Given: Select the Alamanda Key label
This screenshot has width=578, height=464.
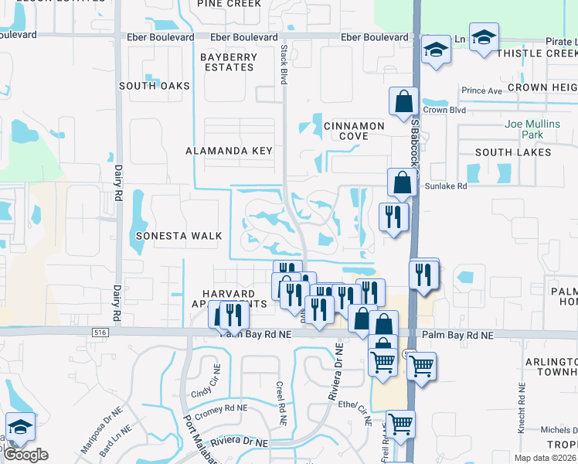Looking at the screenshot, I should [x=229, y=151].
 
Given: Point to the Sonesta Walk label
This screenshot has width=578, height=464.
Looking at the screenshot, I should [x=178, y=236].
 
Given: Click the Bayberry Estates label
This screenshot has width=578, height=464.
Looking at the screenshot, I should [x=217, y=63].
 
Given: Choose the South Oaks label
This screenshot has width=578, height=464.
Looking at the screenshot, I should [x=155, y=86].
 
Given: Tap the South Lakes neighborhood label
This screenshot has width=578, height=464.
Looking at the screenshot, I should [x=513, y=152].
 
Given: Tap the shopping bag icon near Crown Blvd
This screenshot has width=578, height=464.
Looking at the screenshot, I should [x=403, y=101].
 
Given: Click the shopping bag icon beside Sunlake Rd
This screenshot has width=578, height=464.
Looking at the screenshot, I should [x=401, y=183].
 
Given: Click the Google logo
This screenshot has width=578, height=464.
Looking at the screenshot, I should [x=26, y=455].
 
